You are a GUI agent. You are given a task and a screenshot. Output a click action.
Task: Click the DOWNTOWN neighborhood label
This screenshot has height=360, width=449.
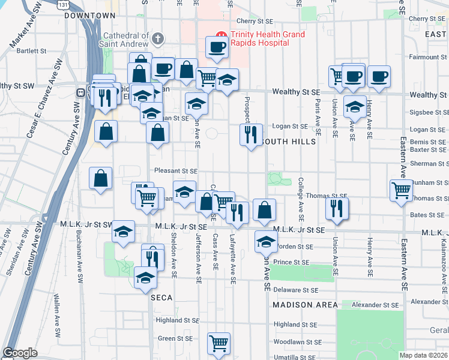[89, 15]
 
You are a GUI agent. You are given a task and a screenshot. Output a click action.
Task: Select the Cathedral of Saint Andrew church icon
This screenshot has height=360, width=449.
[158, 39]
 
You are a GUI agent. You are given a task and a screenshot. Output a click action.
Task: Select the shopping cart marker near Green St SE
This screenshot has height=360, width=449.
[219, 343]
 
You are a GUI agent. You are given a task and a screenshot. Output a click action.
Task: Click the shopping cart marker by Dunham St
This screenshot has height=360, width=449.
[401, 190]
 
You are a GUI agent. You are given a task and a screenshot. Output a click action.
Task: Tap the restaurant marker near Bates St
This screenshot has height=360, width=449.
[337, 208]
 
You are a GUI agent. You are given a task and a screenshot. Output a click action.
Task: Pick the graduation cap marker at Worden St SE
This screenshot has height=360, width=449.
[265, 241]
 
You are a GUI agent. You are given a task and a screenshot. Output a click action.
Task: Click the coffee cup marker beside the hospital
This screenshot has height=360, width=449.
[217, 47]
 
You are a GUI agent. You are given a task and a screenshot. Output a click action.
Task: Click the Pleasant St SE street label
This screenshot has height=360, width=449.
[176, 170]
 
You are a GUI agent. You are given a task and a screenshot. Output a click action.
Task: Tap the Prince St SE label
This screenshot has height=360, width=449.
[291, 262]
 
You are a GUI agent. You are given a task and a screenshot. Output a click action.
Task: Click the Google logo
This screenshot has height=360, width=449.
[20, 352]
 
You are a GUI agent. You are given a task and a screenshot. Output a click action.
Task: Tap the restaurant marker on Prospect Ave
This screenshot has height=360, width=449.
[250, 133]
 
